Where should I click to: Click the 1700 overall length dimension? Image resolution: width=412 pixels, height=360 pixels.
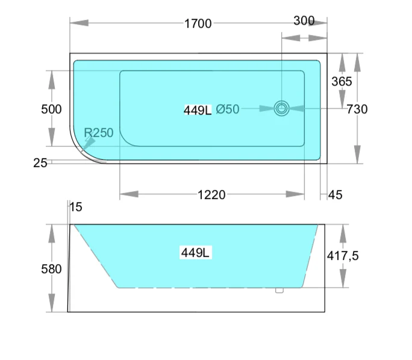tap(198, 24)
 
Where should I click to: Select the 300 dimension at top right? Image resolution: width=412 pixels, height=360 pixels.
tap(304, 21)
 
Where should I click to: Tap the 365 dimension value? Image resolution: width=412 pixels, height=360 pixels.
tap(342, 81)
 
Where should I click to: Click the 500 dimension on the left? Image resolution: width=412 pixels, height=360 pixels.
tap(51, 109)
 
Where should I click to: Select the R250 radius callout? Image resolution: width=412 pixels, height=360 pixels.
tap(98, 133)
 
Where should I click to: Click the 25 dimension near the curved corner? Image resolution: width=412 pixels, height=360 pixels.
tap(40, 162)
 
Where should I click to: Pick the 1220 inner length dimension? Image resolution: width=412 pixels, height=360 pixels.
tap(211, 194)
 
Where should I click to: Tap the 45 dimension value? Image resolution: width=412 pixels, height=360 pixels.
tap(336, 194)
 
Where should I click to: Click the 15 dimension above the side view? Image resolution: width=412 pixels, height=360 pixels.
tap(76, 207)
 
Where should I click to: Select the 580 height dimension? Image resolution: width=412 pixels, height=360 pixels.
tap(51, 269)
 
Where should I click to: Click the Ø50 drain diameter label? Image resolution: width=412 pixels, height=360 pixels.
tap(228, 109)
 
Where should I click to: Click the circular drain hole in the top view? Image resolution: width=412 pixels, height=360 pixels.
tap(281, 109)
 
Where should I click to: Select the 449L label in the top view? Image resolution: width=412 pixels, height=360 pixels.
tap(198, 110)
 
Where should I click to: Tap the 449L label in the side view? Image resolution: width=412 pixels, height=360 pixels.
tap(195, 253)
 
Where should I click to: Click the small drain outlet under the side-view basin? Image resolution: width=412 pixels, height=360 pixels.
tap(279, 290)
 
